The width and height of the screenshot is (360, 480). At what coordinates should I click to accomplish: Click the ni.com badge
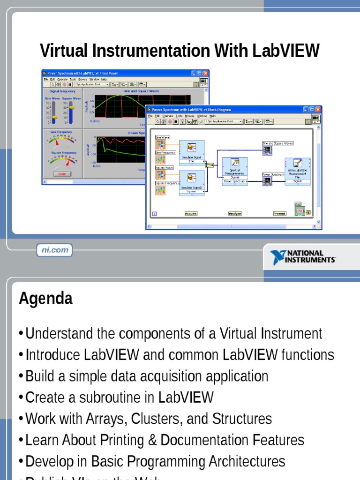(55, 250)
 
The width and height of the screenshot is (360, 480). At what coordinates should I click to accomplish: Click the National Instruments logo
(303, 257)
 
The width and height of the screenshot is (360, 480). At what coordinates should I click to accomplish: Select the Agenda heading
(45, 299)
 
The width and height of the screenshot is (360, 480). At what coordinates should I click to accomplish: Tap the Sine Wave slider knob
(54, 116)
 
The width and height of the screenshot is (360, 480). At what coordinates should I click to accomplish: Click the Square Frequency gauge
(64, 161)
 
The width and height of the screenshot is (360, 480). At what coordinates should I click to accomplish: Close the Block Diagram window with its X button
(318, 109)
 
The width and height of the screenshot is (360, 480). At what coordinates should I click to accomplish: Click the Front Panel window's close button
(205, 74)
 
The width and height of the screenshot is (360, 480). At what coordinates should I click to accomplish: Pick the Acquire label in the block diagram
(191, 213)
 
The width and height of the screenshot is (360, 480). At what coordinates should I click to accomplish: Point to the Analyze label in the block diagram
(235, 213)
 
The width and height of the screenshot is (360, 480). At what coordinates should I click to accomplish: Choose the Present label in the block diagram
(279, 213)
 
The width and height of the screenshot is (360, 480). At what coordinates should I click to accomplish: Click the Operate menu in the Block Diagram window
(168, 115)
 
